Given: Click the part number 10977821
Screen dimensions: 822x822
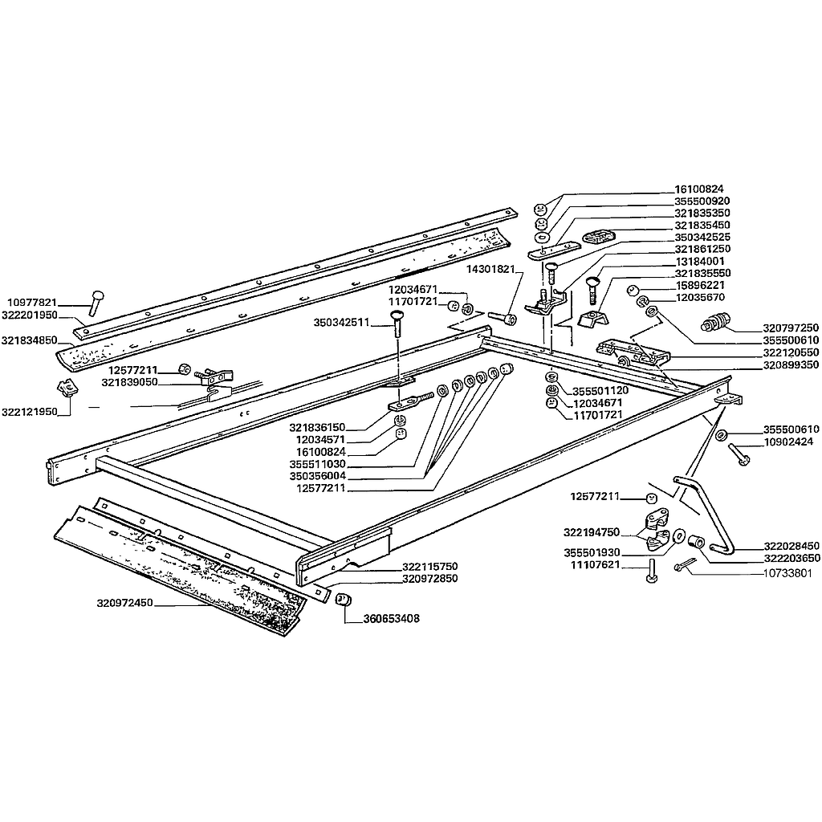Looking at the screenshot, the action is (x=32, y=303).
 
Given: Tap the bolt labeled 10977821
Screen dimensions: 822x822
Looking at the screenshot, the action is (x=96, y=303).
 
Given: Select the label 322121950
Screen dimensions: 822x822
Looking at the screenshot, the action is (x=30, y=412).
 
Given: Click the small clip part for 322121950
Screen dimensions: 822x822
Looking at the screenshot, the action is (x=67, y=389).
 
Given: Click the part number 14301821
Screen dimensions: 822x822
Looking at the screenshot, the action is (x=491, y=270).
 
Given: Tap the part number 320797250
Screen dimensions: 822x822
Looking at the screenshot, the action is (x=791, y=328).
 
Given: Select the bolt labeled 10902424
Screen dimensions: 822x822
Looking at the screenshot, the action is (x=739, y=454).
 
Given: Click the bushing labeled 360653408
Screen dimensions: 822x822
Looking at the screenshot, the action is (x=344, y=599).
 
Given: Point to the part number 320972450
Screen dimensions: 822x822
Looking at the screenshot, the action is (x=124, y=603).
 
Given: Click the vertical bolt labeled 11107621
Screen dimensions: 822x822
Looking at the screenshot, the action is (x=652, y=570).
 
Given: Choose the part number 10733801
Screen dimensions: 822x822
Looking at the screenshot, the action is (x=787, y=573).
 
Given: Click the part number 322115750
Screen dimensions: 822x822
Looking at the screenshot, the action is (x=430, y=566).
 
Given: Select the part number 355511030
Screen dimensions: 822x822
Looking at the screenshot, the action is (x=318, y=464).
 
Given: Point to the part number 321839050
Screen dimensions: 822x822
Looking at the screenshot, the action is (x=129, y=382).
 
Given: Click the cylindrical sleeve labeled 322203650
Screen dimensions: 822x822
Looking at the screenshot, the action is (x=695, y=542).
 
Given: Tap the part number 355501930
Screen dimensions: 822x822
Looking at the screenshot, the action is (x=592, y=552).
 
